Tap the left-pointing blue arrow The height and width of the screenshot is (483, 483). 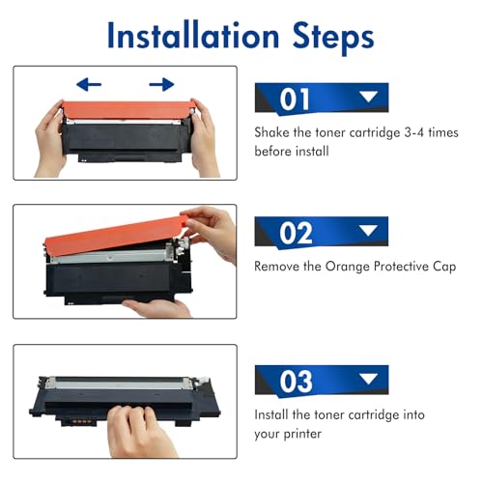click(x=90, y=84)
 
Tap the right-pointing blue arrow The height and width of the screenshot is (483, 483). click(x=160, y=84)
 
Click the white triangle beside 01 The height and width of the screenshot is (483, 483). click(x=367, y=98)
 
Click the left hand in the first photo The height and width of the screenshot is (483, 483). click(x=50, y=135)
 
